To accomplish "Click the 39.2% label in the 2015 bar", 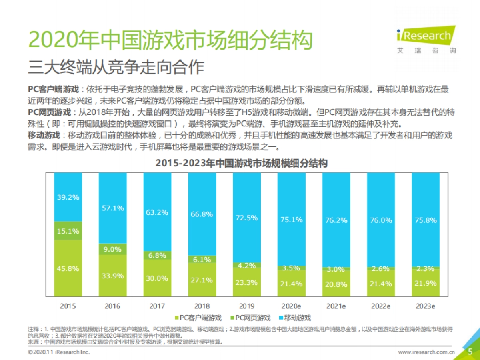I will (68, 197).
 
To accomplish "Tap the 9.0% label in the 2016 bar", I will (112, 249).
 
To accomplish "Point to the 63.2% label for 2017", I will (157, 212).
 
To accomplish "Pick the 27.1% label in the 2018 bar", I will (202, 280).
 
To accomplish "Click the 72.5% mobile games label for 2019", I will (247, 218).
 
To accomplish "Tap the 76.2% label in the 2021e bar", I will (336, 220).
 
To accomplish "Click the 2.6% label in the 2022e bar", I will (381, 269).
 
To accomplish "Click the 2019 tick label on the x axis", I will (247, 306).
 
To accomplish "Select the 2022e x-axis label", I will (381, 306).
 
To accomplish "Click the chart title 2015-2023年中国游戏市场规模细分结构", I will (241, 164).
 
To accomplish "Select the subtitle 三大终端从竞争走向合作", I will (116, 67).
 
